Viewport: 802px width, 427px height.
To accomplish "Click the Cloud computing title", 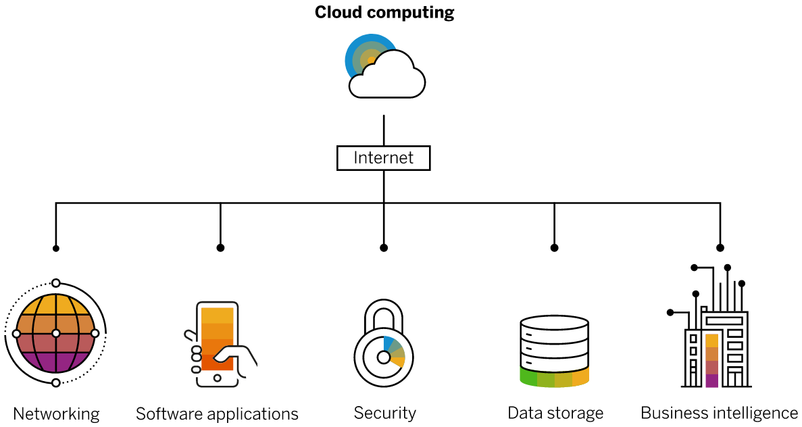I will [x=384, y=12].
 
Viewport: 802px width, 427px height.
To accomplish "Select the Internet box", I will [x=383, y=158].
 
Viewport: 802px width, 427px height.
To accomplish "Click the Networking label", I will [x=56, y=413].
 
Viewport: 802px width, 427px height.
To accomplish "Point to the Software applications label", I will [x=217, y=413].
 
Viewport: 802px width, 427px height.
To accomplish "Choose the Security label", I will [x=384, y=413].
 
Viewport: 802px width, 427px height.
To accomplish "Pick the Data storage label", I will [x=555, y=413].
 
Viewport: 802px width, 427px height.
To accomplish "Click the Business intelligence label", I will [x=719, y=413].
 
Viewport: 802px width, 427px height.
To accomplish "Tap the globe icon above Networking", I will [x=56, y=333].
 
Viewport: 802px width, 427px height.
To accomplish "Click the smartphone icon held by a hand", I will [x=217, y=345].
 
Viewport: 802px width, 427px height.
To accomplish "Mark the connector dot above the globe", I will [x=56, y=249].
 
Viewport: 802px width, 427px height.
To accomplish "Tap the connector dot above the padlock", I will [x=384, y=248].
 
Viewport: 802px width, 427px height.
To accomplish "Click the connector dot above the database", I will [x=555, y=248].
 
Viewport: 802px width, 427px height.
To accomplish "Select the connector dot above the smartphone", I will [x=220, y=248].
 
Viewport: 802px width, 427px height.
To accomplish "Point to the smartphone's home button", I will [x=217, y=378].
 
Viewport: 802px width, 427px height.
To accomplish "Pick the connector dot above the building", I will [x=720, y=248].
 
